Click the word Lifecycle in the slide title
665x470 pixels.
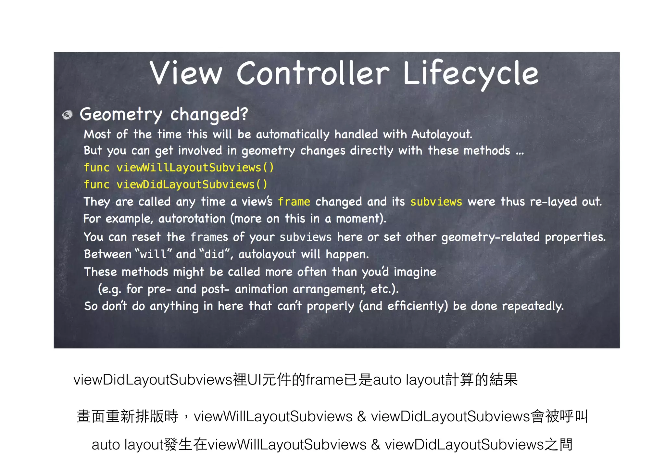[471, 74]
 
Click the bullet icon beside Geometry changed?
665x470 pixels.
[67, 115]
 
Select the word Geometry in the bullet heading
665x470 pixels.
[121, 115]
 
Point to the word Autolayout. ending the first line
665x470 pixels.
[442, 134]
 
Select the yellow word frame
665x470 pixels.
[294, 202]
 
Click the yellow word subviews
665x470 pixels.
[436, 202]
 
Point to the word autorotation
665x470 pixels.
[192, 219]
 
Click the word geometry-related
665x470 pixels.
[490, 237]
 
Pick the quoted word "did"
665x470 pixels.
[214, 254]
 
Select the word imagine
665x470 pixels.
[415, 272]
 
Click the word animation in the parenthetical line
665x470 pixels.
[261, 289]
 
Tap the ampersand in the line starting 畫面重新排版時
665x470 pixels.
[361, 416]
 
